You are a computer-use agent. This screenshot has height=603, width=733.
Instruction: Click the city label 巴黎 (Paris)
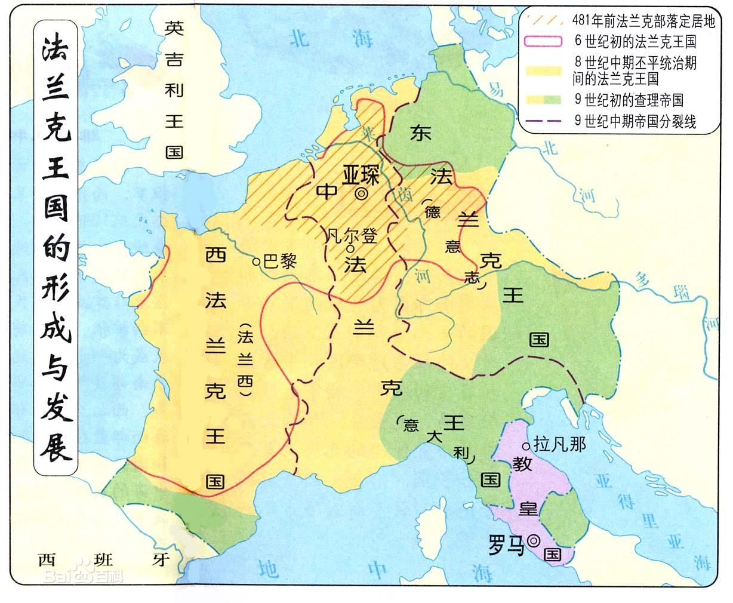pyautogui.click(x=280, y=261)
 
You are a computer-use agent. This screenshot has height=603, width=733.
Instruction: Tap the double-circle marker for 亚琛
pyautogui.click(x=362, y=194)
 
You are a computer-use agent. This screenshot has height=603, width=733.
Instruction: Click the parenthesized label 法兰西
pyautogui.click(x=245, y=361)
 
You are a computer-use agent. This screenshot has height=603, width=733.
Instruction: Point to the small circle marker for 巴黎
pyautogui.click(x=256, y=261)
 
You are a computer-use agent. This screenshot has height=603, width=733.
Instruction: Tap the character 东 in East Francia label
pyautogui.click(x=420, y=134)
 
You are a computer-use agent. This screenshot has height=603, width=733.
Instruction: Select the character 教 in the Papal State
pyautogui.click(x=522, y=464)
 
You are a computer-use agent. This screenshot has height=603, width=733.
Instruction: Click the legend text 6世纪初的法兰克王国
pyautogui.click(x=635, y=42)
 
